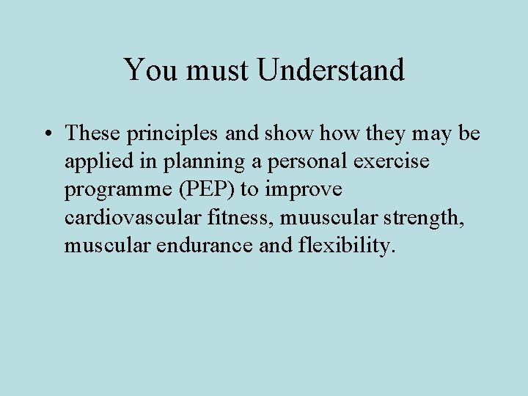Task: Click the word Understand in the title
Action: [x=331, y=70]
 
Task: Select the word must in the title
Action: [x=216, y=70]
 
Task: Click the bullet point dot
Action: [x=46, y=133]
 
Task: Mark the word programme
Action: [x=114, y=190]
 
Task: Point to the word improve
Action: [x=303, y=189]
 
